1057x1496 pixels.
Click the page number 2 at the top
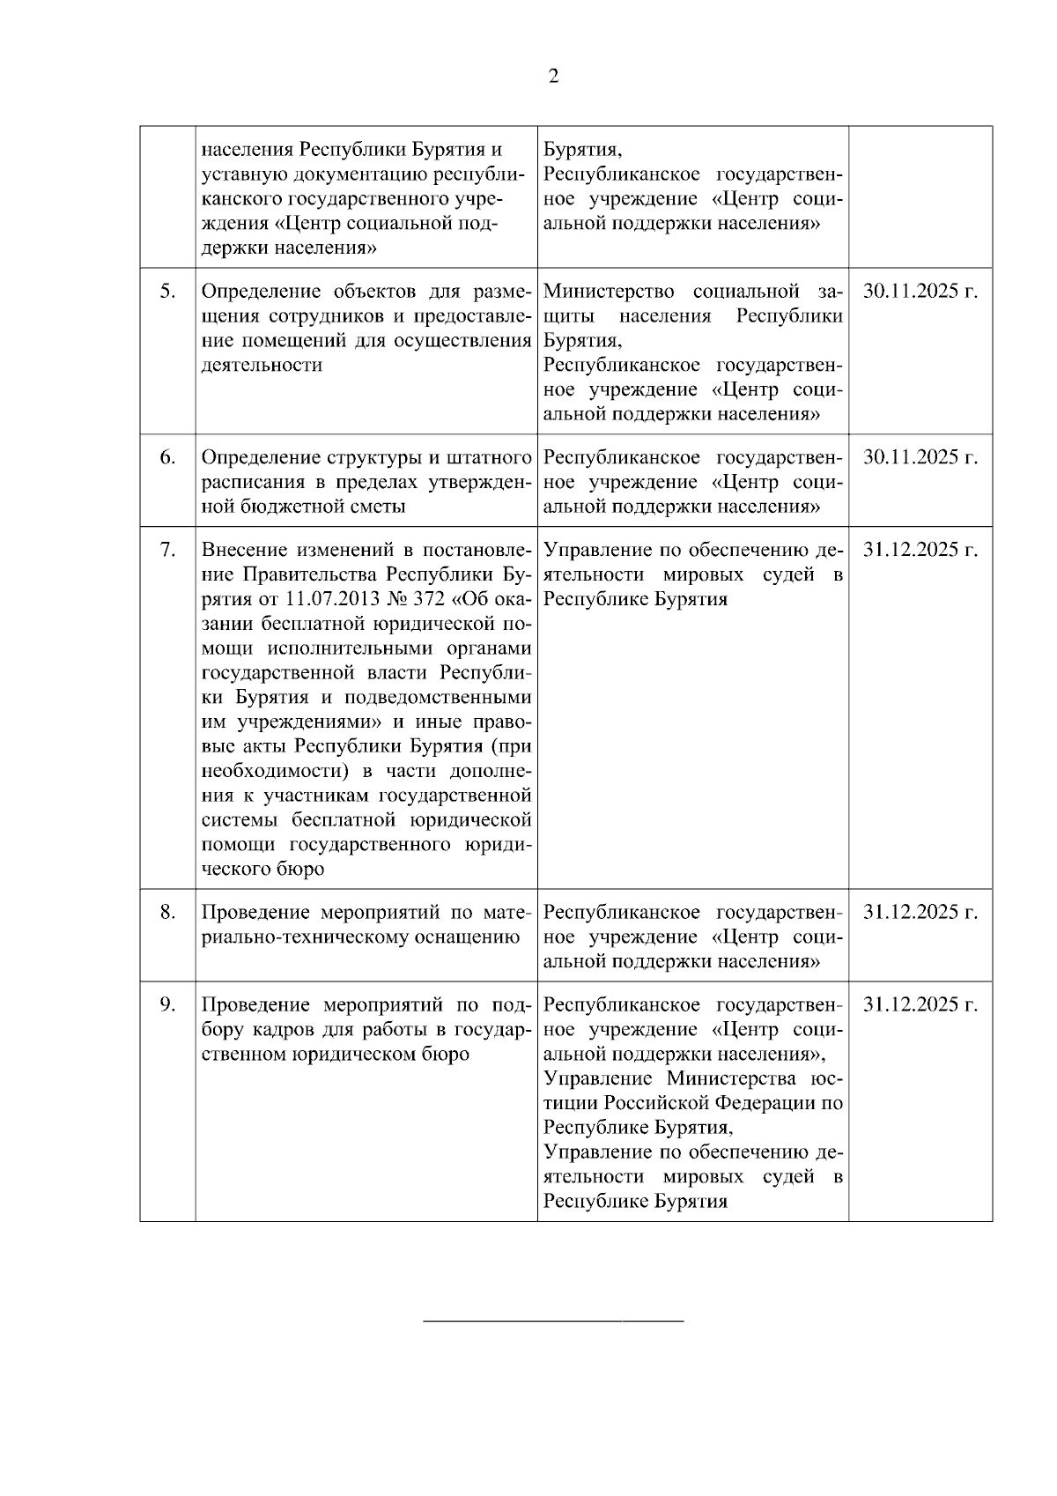pos(553,77)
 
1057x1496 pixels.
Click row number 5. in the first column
pos(167,292)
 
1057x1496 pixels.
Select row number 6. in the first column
pos(167,457)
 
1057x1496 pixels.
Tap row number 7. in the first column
pos(167,550)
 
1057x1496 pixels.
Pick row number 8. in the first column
pos(167,912)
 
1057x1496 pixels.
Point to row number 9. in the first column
pos(167,1005)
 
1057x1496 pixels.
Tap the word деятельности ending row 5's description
pos(262,365)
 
